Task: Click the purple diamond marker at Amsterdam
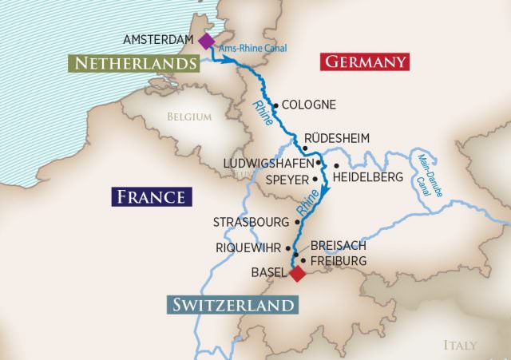pos(207,41)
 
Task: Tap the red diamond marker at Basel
pos(297,274)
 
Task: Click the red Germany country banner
pos(363,61)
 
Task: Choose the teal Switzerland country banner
pos(232,304)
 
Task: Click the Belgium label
pos(189,117)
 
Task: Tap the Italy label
pos(460,345)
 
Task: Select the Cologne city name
pos(309,105)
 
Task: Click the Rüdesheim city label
pos(339,138)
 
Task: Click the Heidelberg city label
pos(368,177)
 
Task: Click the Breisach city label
pos(339,246)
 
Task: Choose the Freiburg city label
pos(339,260)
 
